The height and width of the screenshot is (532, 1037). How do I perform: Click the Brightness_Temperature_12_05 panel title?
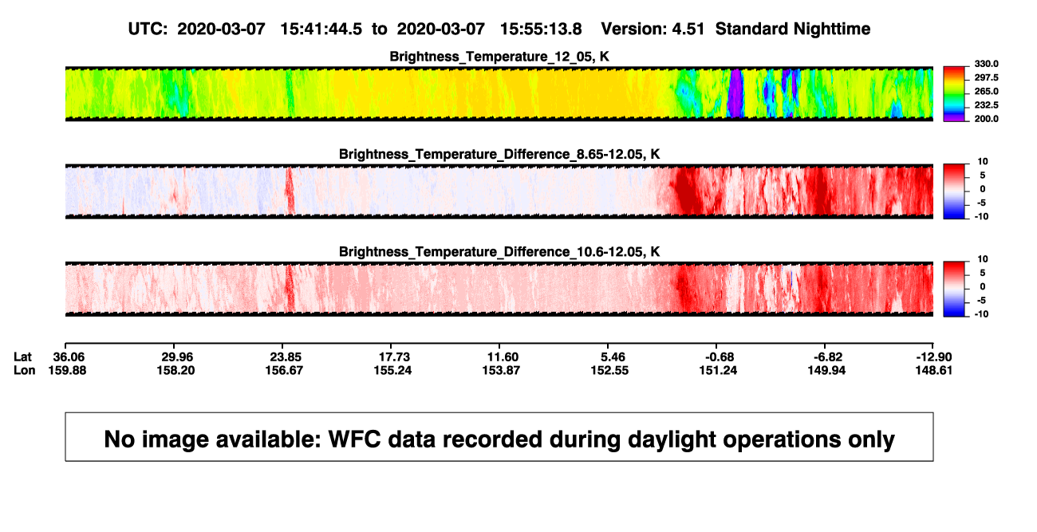click(x=499, y=57)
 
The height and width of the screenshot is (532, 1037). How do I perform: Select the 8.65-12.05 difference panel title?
click(x=499, y=154)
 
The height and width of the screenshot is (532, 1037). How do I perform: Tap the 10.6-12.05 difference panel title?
click(x=499, y=252)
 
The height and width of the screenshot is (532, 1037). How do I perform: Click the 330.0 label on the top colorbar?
click(x=986, y=64)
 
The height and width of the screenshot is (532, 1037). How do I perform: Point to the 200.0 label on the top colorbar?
click(x=986, y=119)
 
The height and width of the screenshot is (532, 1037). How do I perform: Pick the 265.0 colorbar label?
click(x=986, y=91)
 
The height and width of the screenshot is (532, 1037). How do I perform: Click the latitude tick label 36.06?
click(x=69, y=357)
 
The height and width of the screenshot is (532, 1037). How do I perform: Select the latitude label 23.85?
click(x=286, y=357)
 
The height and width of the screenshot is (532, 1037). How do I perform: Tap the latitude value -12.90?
click(x=934, y=357)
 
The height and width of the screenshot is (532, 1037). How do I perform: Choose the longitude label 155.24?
click(x=392, y=370)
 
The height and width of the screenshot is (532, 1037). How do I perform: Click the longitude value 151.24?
click(x=718, y=370)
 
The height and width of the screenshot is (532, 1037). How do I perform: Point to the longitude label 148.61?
click(x=934, y=370)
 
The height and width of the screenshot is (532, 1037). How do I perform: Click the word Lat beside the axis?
click(x=22, y=357)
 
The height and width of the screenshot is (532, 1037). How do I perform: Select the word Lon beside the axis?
click(x=24, y=370)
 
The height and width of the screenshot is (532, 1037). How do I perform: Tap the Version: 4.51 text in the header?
click(x=653, y=30)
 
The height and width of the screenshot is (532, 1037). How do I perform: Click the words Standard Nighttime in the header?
click(x=793, y=30)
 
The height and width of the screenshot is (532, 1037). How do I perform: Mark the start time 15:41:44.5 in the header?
click(x=321, y=30)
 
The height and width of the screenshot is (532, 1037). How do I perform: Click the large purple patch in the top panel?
click(x=735, y=93)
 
